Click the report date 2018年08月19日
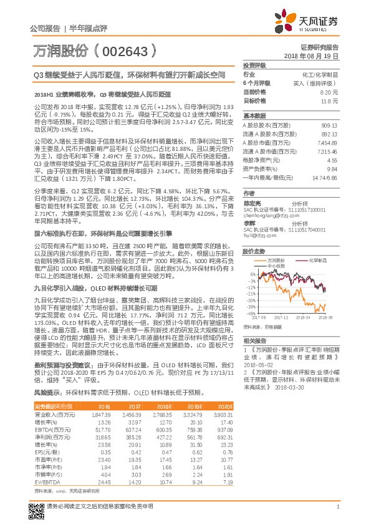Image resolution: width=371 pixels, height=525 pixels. coord(314,56)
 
